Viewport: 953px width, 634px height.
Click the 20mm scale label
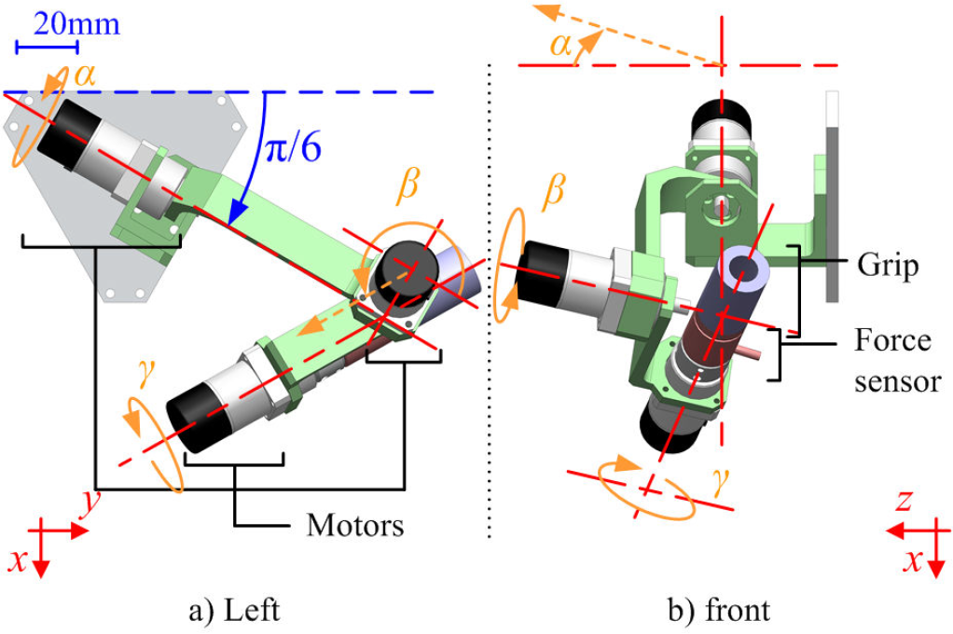(x=76, y=24)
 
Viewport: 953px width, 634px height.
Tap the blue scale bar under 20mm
(x=47, y=47)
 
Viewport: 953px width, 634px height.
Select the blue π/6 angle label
(x=293, y=147)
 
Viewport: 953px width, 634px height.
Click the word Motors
(x=355, y=525)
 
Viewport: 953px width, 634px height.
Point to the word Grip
(x=888, y=266)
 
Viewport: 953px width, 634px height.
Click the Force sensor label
(x=897, y=361)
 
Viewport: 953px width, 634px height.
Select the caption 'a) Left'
(x=235, y=611)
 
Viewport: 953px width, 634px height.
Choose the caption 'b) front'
(x=719, y=611)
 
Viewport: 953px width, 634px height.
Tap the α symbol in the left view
(x=85, y=76)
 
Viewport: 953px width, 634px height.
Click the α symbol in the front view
(x=561, y=45)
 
